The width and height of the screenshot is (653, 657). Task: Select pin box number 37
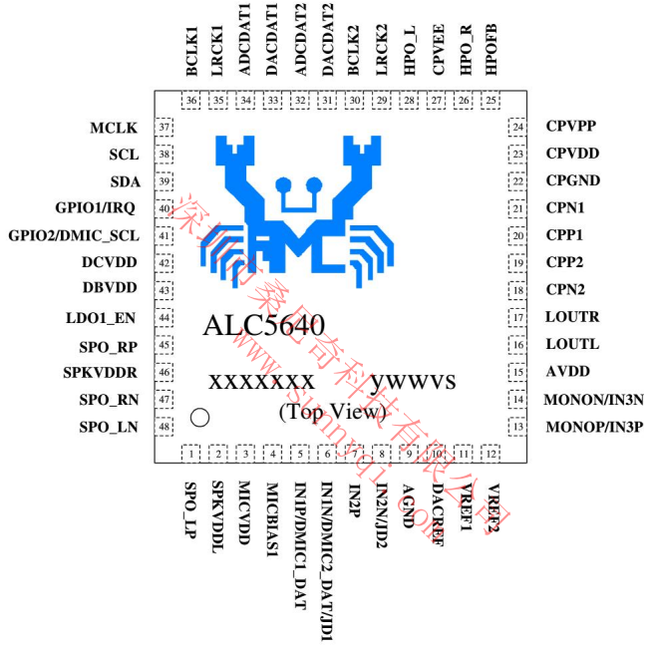[164, 128]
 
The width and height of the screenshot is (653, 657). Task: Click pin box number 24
[517, 127]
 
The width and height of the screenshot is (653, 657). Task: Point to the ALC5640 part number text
[263, 326]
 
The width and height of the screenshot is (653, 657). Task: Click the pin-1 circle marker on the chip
[199, 417]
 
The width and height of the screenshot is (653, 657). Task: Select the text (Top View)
[333, 410]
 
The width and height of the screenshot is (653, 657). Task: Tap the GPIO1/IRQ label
[97, 208]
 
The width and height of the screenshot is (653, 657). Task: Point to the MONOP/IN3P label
[594, 427]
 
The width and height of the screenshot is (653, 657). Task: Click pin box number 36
[191, 101]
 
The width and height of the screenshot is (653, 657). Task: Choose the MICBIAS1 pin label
[273, 515]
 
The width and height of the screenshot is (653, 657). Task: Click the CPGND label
[574, 181]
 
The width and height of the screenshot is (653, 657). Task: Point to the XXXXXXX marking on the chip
[261, 382]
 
